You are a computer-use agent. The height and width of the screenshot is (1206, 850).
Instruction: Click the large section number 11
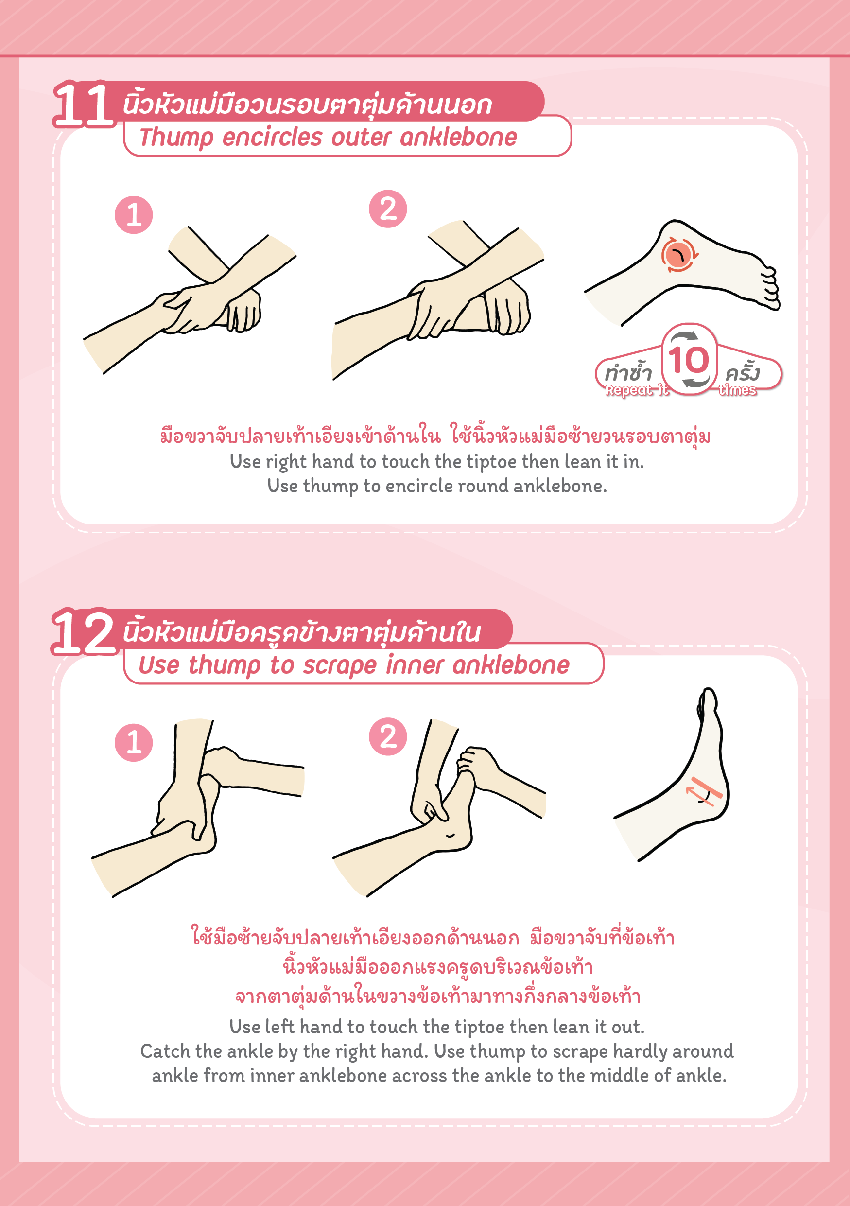[84, 105]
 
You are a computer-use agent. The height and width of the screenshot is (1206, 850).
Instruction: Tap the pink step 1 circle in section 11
[134, 215]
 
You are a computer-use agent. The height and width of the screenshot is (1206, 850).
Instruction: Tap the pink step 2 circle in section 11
[388, 209]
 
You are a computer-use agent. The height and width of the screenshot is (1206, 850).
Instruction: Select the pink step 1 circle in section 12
[134, 742]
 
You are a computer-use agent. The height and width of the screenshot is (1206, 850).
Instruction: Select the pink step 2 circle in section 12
[388, 736]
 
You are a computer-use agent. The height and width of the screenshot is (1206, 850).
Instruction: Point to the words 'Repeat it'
[637, 390]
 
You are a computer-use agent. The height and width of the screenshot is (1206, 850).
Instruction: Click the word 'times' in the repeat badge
[738, 390]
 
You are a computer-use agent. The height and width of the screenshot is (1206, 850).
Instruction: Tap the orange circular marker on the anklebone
[679, 255]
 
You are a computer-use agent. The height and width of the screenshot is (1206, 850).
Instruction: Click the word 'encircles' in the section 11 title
[272, 138]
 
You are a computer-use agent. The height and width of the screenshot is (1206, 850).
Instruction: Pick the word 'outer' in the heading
[361, 138]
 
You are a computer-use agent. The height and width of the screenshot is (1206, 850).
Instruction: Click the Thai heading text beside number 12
[302, 631]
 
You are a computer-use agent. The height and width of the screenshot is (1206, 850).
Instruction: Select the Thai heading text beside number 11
[308, 104]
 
